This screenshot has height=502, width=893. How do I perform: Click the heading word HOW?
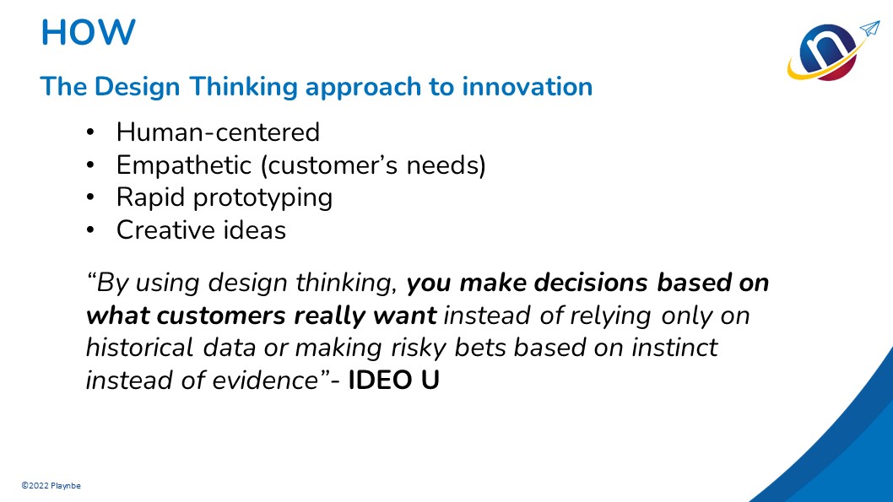pos(89,32)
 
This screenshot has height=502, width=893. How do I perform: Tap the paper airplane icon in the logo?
pos(869,29)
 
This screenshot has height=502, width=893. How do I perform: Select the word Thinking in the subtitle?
pos(243,87)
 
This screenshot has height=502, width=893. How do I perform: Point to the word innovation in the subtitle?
pos(527,87)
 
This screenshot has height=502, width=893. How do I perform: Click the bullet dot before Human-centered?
pos(90,132)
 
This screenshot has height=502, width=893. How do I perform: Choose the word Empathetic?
pos(183,165)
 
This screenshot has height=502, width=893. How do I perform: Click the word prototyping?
pos(262,198)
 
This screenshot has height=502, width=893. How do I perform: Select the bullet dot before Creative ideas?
pos(90,230)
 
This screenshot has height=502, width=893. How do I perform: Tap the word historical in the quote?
pos(139,348)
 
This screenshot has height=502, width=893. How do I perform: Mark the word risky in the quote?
pos(419,348)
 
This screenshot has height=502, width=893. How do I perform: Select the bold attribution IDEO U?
pos(393,381)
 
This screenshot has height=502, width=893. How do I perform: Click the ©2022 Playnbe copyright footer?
pos(51,485)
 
